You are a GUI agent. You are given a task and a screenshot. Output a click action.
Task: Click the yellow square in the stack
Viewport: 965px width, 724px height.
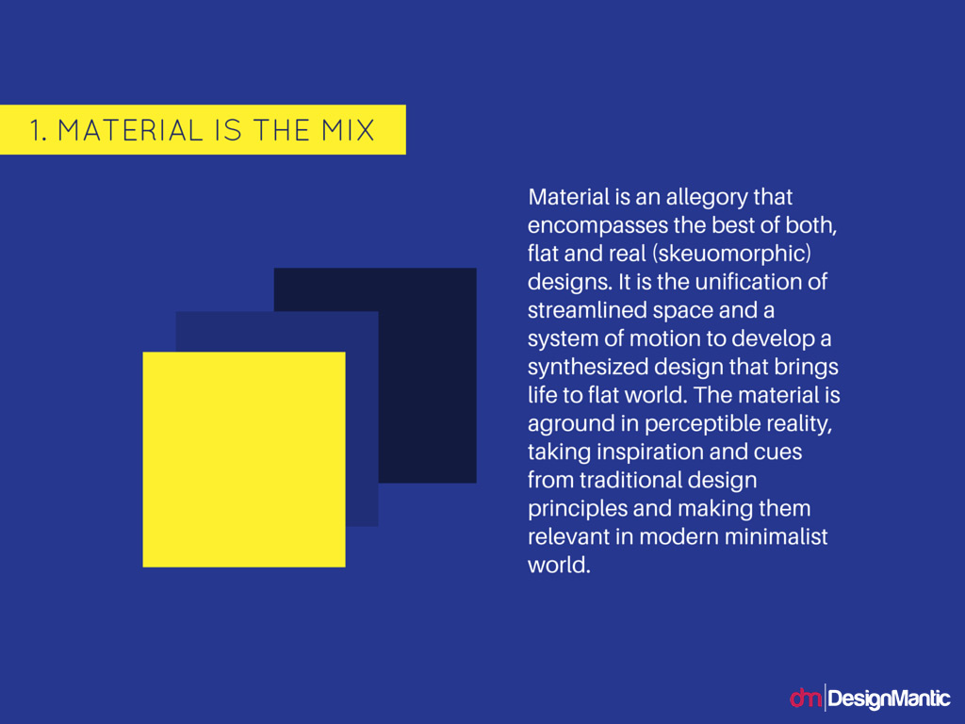tap(244, 459)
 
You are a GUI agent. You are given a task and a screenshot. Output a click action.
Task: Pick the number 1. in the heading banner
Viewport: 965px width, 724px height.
tap(38, 130)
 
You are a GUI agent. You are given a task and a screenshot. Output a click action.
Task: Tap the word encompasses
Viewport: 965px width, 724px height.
tap(597, 226)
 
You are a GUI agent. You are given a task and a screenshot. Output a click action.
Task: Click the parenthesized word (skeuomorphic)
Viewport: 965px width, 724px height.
tap(731, 255)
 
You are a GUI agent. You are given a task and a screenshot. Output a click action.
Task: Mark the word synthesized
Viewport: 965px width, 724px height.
tap(588, 368)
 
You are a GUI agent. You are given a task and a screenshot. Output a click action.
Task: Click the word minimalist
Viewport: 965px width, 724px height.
tap(776, 536)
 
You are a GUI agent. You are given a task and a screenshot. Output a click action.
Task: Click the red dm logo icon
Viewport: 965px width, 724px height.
tap(806, 698)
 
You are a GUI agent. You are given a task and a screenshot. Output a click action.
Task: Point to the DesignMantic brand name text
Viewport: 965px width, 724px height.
tap(889, 699)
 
